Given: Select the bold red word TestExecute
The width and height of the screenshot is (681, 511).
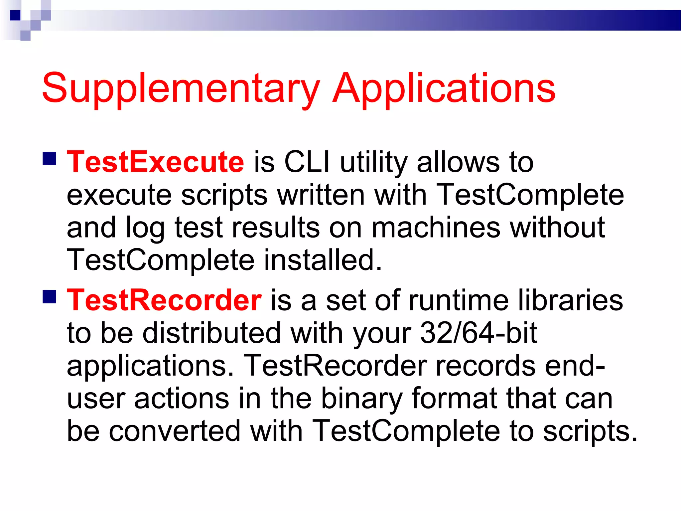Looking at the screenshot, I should tap(156, 162).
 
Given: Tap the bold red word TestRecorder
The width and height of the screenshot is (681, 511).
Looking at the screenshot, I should tap(164, 300).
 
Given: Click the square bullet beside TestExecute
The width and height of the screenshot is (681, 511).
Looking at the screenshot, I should tap(49, 159).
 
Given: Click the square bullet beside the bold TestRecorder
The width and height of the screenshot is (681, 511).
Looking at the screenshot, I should tap(49, 297).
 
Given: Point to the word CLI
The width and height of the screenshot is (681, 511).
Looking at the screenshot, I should tap(307, 162).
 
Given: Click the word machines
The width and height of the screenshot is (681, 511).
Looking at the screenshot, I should tap(436, 228).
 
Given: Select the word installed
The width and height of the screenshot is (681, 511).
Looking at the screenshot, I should tap(323, 260).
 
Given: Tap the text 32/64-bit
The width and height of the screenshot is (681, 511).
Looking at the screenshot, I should tap(478, 333).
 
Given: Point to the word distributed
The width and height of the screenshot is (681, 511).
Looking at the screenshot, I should tap(212, 333).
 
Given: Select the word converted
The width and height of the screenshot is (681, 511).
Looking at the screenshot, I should tap(175, 431).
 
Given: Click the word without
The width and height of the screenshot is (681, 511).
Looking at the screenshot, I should tap(557, 228).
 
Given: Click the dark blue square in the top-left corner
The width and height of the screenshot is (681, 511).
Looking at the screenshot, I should tap(15, 15).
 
